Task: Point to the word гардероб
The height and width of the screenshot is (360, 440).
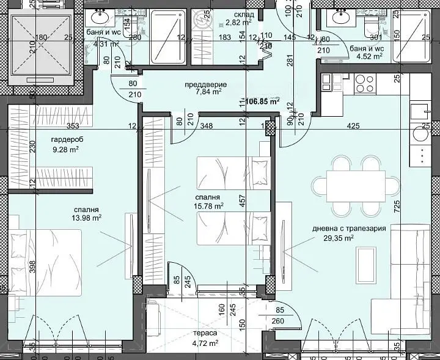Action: pos(67,139)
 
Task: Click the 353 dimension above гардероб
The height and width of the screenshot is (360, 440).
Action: pos(73,127)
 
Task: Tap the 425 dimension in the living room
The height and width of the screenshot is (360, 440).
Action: pos(353,127)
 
